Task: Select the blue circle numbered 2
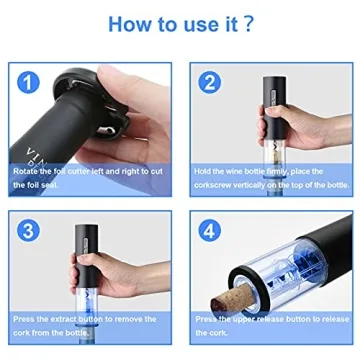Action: tap(210, 83)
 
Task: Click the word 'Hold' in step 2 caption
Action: tap(204, 171)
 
